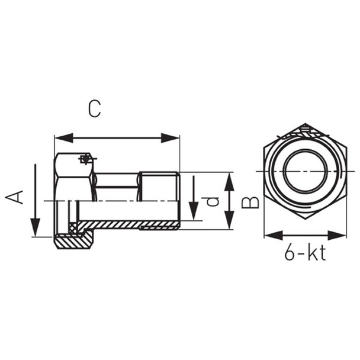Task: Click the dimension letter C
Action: coord(94,108)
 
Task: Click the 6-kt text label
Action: coord(305,254)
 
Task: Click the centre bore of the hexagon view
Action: coord(305,172)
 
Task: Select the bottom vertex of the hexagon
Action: coord(305,219)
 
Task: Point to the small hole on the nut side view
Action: coord(85,159)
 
